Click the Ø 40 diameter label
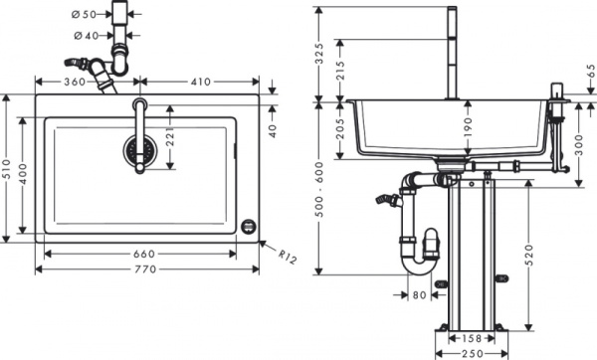tap(87, 36)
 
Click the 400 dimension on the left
tap(25, 170)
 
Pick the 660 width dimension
tap(142, 254)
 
